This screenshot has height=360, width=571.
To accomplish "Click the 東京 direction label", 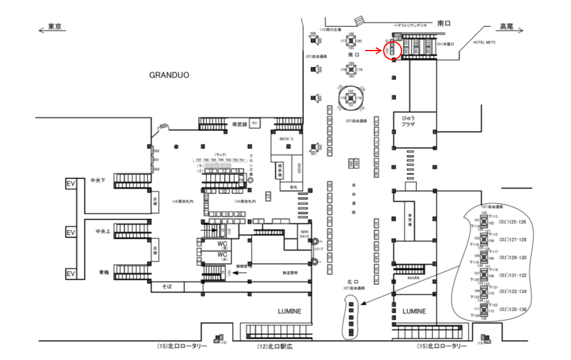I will pos(55,26).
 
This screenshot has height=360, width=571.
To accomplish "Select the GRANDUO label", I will pos(169,76).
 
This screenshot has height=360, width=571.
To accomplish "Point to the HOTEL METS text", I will pos(485,43).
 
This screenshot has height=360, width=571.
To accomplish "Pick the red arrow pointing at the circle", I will pos(373,51).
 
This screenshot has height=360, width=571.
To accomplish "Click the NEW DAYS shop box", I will pos(303,234).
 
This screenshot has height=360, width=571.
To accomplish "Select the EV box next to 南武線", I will pos(255,123).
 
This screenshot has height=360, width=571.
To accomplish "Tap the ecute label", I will pos(415,277).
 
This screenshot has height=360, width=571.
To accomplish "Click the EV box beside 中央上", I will pos(70,230).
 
